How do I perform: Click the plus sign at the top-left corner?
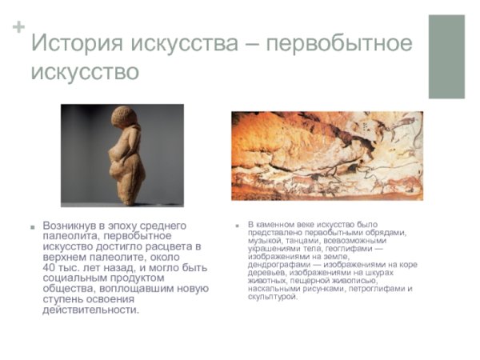coord(18,27)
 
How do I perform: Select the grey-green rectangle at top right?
coord(446,56)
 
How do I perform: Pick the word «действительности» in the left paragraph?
coord(90,310)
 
